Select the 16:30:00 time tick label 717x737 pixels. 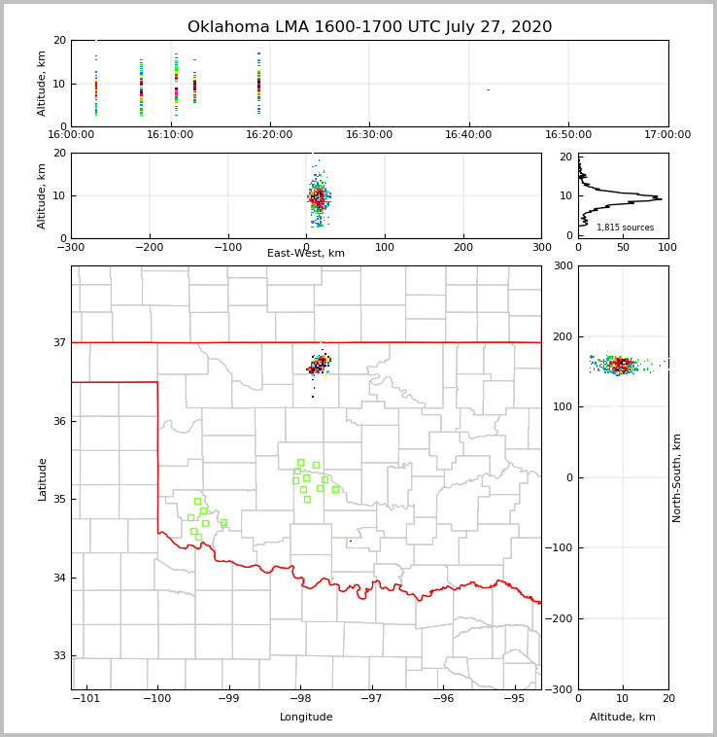tap(369, 135)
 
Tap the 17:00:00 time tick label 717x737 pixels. tap(667, 135)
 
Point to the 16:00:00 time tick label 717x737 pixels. tap(71, 135)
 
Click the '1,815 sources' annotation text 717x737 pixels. tap(625, 228)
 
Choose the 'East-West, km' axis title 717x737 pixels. tap(306, 254)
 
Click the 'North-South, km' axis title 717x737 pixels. tap(677, 477)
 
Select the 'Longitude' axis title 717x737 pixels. tap(306, 718)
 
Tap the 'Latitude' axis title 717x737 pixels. tap(42, 478)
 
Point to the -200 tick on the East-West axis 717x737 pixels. tap(149, 247)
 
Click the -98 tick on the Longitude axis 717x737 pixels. tap(300, 698)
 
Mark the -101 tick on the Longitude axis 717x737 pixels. tap(86, 698)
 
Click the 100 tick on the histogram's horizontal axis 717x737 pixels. tap(667, 247)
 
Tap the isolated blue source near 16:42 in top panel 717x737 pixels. tap(488, 90)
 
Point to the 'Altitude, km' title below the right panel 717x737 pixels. tap(623, 718)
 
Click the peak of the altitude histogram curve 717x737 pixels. tap(661, 199)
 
